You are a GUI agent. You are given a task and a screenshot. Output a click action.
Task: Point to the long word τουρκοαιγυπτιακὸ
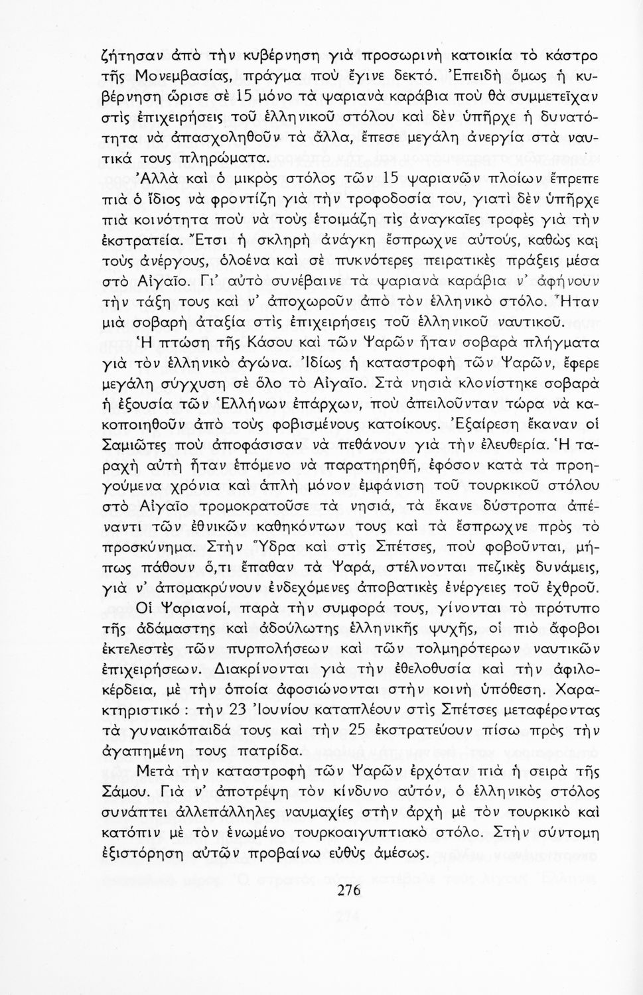(363, 832)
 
